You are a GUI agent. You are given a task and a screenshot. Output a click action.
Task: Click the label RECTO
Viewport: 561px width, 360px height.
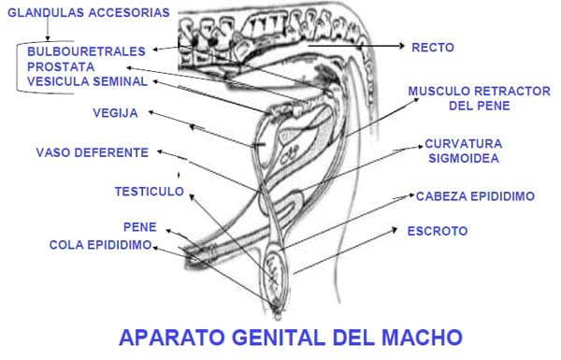433,48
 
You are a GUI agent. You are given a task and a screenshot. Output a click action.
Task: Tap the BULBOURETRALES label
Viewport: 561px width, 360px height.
86,51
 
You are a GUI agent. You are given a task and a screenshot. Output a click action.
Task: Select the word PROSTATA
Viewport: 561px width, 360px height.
61,67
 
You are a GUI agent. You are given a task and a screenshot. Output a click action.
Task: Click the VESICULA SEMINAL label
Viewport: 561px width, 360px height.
87,81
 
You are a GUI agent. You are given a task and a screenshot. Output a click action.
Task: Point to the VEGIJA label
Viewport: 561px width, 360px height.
115,113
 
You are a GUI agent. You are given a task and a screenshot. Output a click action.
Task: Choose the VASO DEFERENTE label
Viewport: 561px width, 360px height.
93,152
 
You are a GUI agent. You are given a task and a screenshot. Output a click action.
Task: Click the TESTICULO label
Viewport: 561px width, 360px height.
150,192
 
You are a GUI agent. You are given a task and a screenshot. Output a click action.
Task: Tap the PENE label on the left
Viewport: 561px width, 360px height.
140,227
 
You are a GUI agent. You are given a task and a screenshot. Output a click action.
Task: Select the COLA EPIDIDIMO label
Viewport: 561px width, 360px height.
101,245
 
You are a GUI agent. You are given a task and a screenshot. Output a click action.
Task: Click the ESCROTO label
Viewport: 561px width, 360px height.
438,231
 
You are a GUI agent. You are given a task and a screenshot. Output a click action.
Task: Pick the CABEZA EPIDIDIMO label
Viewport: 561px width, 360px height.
475,196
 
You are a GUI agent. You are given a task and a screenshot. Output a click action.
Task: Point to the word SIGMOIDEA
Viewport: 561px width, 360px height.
464,158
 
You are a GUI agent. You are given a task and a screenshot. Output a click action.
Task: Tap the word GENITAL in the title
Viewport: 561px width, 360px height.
279,338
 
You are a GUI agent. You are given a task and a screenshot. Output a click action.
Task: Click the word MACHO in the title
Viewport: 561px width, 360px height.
422,338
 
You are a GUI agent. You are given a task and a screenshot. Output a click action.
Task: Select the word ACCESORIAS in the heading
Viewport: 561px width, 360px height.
129,12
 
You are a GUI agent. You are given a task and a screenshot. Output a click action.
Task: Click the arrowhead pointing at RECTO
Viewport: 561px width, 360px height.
402,46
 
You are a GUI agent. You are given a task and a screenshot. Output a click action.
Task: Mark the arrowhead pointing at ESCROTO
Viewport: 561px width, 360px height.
394,229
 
